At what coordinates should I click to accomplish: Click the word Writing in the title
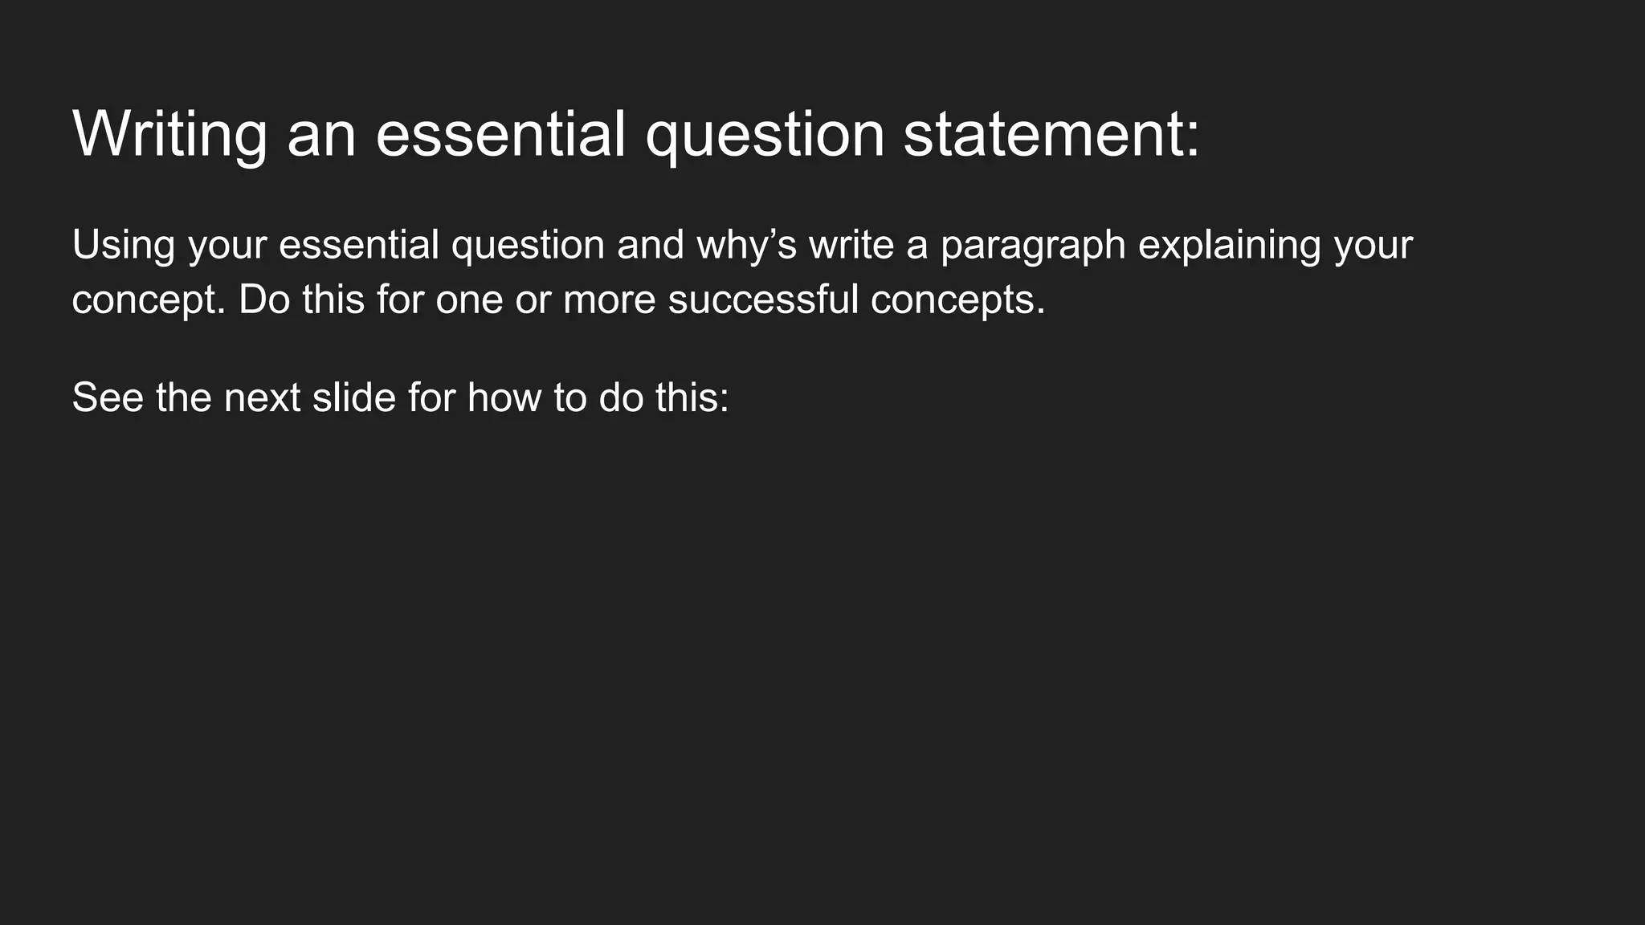tap(169, 134)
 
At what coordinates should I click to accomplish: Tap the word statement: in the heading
tap(1051, 134)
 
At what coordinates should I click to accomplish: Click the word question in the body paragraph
tap(528, 245)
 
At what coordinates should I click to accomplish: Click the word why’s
tap(746, 245)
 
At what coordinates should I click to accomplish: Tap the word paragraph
tap(1033, 245)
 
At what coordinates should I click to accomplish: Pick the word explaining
tap(1230, 245)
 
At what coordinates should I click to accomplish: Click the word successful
tap(763, 300)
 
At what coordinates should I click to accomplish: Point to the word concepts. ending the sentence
tap(957, 300)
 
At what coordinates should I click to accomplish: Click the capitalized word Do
tap(263, 300)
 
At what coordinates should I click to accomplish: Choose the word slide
tap(354, 397)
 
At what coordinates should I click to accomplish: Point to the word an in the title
tap(321, 134)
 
